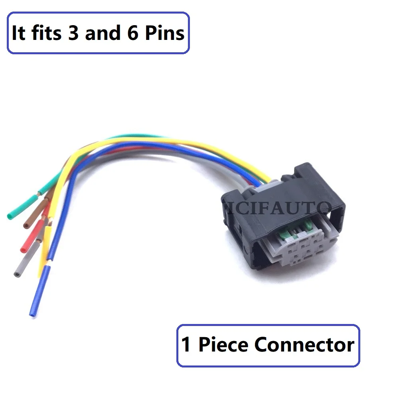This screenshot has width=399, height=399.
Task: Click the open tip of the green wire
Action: click(10, 217)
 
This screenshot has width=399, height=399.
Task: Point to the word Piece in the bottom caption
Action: click(223, 345)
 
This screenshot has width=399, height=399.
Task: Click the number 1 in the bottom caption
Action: click(186, 345)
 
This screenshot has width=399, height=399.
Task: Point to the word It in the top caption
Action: click(18, 33)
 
